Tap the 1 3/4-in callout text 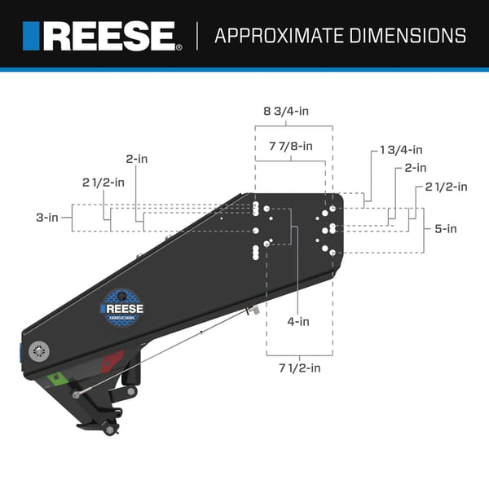click(x=401, y=150)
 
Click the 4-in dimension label click(x=298, y=321)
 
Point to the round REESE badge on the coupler click(x=121, y=308)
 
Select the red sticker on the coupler click(x=113, y=359)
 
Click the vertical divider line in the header click(x=198, y=36)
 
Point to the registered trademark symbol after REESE click(x=179, y=48)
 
